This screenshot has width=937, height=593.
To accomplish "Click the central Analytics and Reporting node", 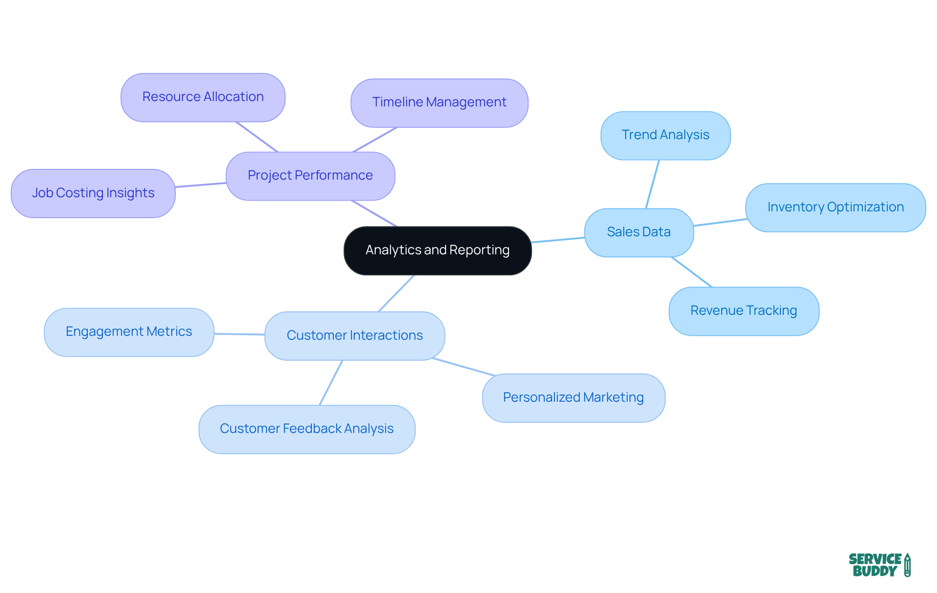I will click(x=437, y=250).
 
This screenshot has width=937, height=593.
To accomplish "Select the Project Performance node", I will click(x=310, y=176).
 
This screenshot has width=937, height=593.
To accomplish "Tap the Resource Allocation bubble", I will click(x=203, y=97).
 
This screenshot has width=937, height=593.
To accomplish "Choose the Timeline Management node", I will click(x=439, y=102).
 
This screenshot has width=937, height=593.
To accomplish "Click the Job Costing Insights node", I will click(x=93, y=193).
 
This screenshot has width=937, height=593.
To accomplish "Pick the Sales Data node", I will click(x=639, y=232).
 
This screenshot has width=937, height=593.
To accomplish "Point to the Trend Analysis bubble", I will click(x=665, y=135).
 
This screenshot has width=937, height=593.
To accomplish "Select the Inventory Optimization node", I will click(x=835, y=207).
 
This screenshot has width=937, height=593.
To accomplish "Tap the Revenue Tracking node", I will click(x=744, y=311).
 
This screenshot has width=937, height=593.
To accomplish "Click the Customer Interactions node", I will click(x=355, y=336).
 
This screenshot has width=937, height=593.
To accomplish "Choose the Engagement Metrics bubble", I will click(x=129, y=332).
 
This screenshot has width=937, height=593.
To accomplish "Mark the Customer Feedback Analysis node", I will click(x=306, y=429).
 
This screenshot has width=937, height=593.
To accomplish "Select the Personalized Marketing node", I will click(x=573, y=398).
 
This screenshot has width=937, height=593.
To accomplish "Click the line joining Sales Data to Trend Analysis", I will click(x=652, y=184).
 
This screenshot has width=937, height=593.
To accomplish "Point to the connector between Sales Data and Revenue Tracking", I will click(x=692, y=272).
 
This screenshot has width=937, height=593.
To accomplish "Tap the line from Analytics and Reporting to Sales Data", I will click(x=558, y=240).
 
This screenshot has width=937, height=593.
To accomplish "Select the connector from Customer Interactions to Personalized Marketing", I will click(x=464, y=367).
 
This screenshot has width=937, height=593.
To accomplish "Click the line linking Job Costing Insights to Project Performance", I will click(x=201, y=185).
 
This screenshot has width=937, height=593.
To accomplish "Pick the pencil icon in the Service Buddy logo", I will click(x=907, y=565).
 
